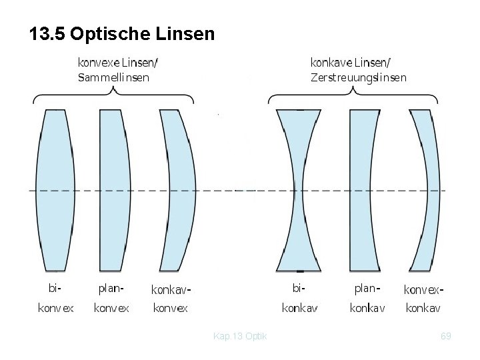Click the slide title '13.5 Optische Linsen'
[x=122, y=33]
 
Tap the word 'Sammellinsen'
[x=113, y=77]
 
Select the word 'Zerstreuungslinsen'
[x=358, y=77]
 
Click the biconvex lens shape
[x=55, y=190]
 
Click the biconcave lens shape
[x=299, y=190]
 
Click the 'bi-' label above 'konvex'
[x=55, y=289]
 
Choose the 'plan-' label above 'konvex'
[x=111, y=289]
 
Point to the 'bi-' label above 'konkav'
[x=299, y=289]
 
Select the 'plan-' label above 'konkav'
[x=367, y=289]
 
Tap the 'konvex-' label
[x=424, y=290]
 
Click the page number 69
[x=446, y=336]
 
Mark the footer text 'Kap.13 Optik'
[x=240, y=336]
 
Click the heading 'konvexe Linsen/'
[x=118, y=63]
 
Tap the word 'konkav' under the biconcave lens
[x=299, y=308]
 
